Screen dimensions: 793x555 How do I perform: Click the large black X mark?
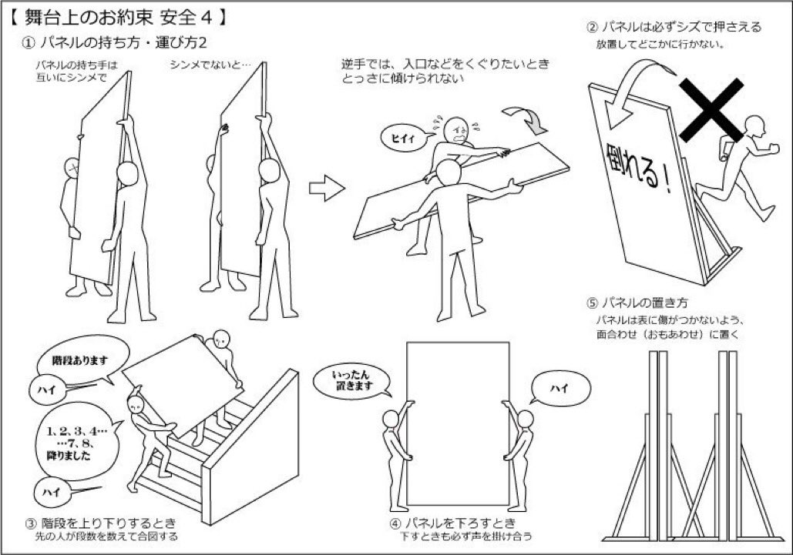(711, 109)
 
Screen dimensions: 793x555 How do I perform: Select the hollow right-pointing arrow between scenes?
(327, 189)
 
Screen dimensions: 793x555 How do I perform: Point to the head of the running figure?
(755, 125)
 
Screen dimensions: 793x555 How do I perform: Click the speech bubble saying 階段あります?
(80, 359)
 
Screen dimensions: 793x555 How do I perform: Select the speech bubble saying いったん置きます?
(352, 381)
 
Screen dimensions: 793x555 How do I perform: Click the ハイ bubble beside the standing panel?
(559, 389)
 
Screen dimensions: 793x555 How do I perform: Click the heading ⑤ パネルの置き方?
(637, 303)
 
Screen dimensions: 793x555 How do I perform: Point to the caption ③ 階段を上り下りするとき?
(101, 522)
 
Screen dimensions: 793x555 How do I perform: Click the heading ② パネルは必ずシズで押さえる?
(674, 27)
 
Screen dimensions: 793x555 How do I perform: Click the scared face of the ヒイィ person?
(457, 130)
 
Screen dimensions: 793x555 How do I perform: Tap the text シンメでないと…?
(210, 65)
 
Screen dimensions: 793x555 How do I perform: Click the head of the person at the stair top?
(221, 339)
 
